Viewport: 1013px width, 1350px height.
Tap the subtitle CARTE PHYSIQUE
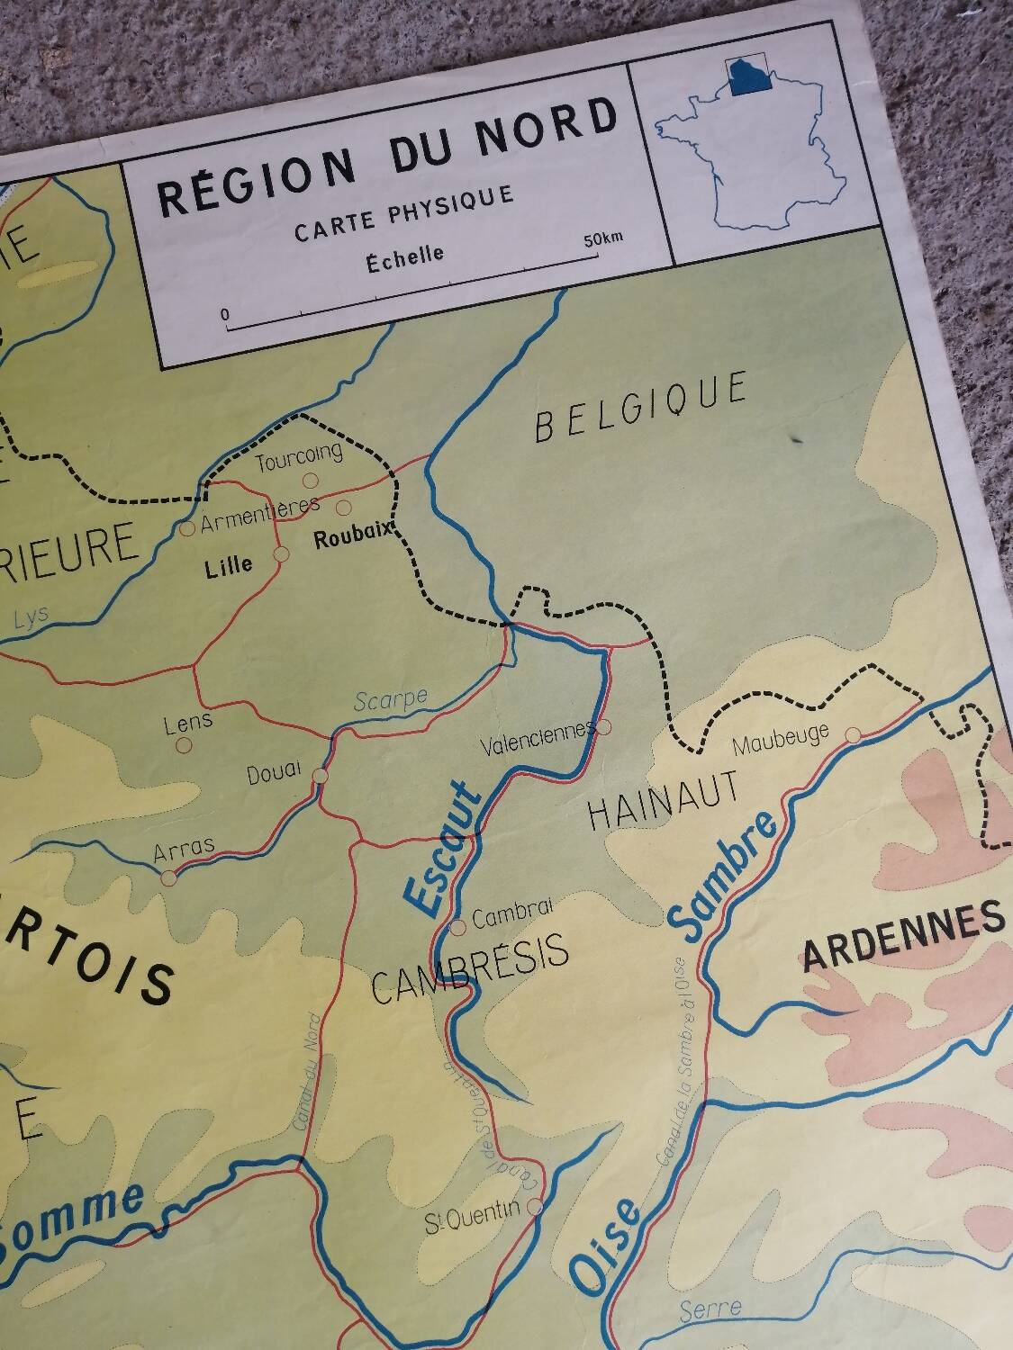click(x=404, y=214)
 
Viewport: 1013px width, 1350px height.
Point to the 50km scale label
click(x=602, y=239)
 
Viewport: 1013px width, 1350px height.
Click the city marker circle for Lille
click(x=280, y=554)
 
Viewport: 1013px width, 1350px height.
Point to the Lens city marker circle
click(x=184, y=745)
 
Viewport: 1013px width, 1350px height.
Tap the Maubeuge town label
click(x=781, y=740)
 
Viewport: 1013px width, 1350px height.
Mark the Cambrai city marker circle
click(x=457, y=925)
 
